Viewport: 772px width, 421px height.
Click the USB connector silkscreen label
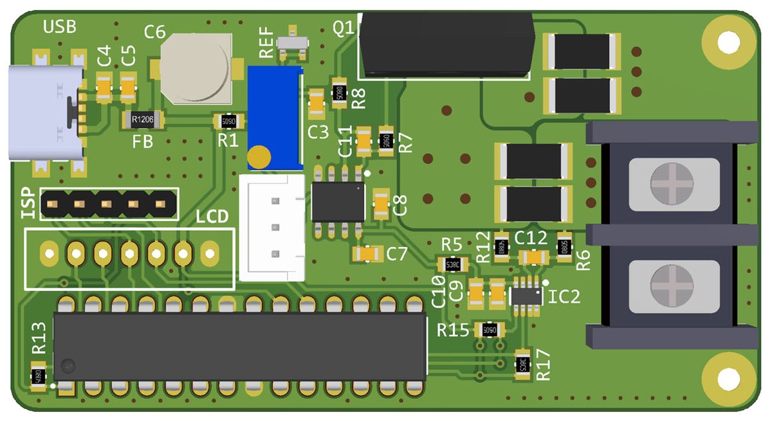pyautogui.click(x=59, y=27)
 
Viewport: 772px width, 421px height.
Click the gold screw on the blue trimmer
pyautogui.click(x=259, y=157)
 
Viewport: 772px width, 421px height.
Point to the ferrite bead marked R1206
pyautogui.click(x=143, y=118)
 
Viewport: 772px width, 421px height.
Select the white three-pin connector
pyautogui.click(x=272, y=227)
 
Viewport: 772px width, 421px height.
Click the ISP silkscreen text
pyautogui.click(x=28, y=203)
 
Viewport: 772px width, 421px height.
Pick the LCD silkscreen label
pyautogui.click(x=212, y=217)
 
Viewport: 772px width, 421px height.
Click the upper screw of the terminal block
pyautogui.click(x=673, y=185)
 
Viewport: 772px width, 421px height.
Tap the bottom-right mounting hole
pyautogui.click(x=729, y=379)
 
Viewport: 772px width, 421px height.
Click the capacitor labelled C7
pyautogui.click(x=368, y=255)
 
